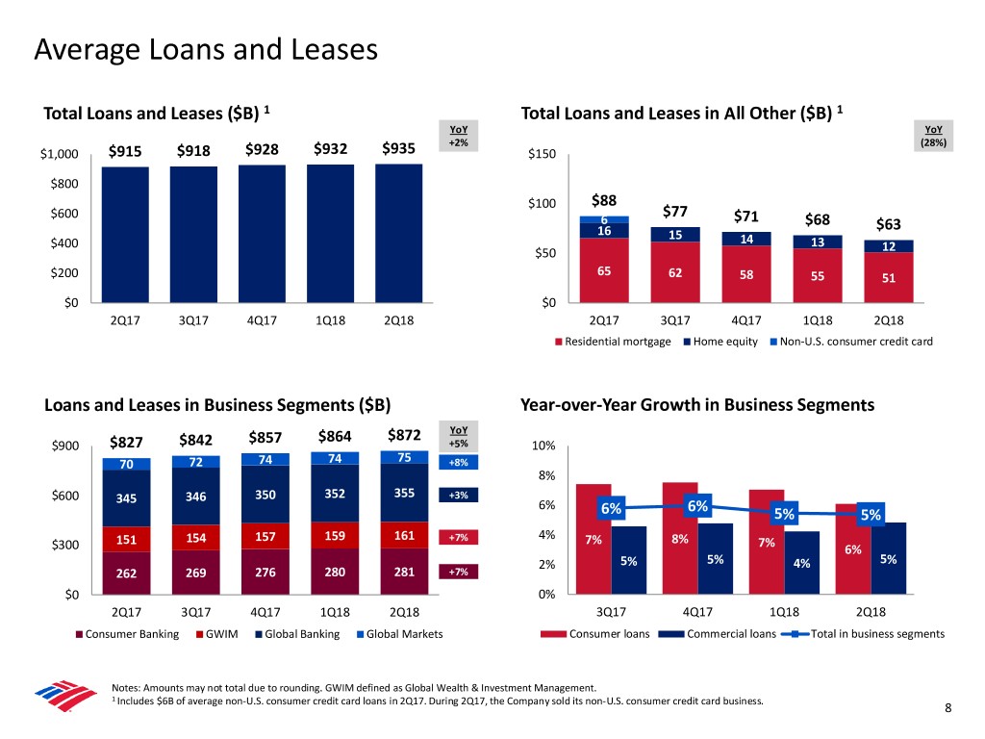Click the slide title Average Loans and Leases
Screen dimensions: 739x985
tap(205, 48)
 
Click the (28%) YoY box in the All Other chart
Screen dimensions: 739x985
tap(933, 141)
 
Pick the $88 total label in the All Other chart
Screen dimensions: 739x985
tap(603, 201)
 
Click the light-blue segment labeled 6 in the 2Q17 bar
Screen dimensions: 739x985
tap(604, 219)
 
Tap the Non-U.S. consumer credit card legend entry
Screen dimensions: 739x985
tap(853, 342)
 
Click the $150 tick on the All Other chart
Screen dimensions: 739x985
tap(542, 158)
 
